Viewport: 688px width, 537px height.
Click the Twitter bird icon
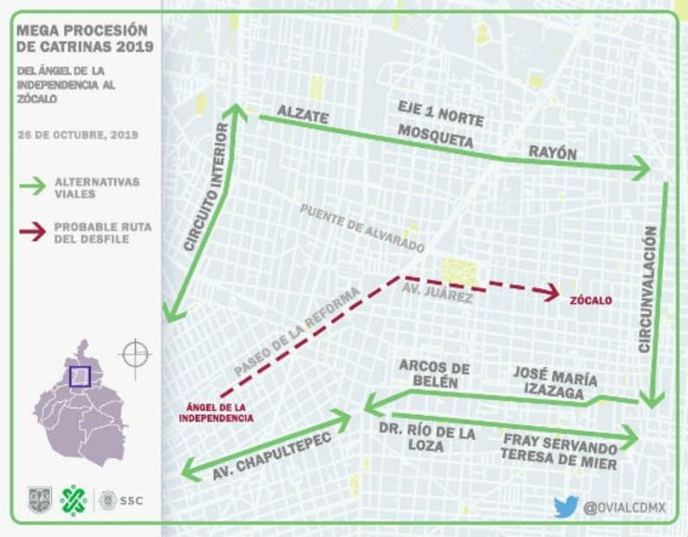click(x=566, y=507)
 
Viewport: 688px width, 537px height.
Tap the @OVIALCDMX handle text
click(x=624, y=508)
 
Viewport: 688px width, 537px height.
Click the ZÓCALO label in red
click(x=591, y=301)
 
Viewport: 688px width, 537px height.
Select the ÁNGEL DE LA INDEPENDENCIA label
click(x=216, y=412)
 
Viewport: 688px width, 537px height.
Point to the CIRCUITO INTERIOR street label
click(x=206, y=187)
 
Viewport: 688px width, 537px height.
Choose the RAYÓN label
click(x=553, y=152)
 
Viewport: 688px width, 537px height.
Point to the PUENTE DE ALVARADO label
click(x=362, y=228)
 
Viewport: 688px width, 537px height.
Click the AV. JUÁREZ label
click(x=437, y=294)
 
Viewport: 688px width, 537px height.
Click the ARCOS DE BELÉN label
click(x=434, y=375)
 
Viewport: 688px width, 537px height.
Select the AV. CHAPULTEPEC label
click(x=260, y=455)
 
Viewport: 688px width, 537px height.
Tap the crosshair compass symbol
click(x=135, y=354)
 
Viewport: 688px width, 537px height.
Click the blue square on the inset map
click(x=80, y=376)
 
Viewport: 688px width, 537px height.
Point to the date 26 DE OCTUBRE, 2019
click(x=77, y=135)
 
